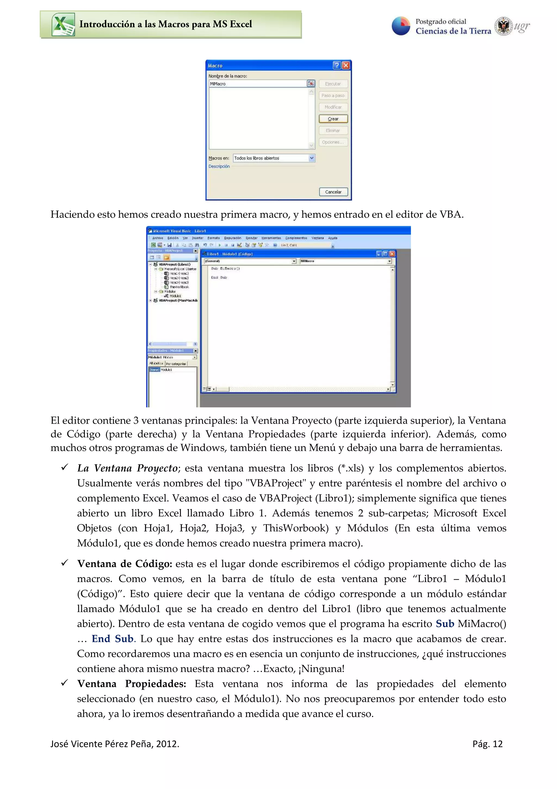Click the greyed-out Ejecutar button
333,84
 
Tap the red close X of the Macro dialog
346,65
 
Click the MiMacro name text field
257,84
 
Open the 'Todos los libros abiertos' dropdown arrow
312,158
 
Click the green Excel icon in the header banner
63,25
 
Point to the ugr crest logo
503,26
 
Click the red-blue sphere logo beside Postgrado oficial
401,26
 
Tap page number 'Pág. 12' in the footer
487,744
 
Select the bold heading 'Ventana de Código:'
125,564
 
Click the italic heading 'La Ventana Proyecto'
127,468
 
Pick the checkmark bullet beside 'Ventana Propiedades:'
64,683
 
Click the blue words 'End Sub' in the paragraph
113,639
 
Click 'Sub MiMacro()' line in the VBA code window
225,268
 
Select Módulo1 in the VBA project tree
175,295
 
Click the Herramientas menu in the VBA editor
271,238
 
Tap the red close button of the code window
392,254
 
